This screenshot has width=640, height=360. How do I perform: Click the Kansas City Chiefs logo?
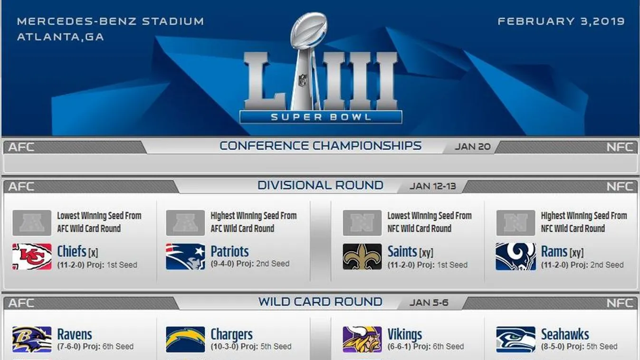coord(32,256)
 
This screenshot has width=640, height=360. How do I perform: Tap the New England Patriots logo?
coord(185,256)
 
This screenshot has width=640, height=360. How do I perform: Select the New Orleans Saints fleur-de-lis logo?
coord(362,256)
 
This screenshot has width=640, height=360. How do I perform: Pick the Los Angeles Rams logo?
coord(516,256)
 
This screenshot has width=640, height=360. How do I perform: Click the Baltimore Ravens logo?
coord(32,340)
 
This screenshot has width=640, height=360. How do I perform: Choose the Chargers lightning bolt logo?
coord(185,340)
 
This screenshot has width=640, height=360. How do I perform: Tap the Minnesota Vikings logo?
coord(362,340)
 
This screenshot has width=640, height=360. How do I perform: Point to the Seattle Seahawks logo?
coord(516,340)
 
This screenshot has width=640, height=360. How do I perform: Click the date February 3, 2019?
coord(561,21)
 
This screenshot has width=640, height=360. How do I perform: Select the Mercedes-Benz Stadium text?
coord(111,21)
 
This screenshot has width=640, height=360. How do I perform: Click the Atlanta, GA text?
coord(60,37)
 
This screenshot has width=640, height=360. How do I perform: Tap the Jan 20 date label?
coord(473,146)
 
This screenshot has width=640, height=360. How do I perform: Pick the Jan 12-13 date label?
coord(432,186)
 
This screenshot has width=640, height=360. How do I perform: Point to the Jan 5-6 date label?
coord(429,303)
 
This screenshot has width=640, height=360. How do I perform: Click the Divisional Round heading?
coord(320,185)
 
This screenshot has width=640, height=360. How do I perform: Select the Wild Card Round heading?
coord(320,302)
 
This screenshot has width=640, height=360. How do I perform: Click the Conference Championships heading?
coord(320,146)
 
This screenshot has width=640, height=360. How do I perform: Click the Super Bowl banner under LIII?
coord(321,117)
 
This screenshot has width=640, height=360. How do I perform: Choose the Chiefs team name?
coord(72,252)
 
